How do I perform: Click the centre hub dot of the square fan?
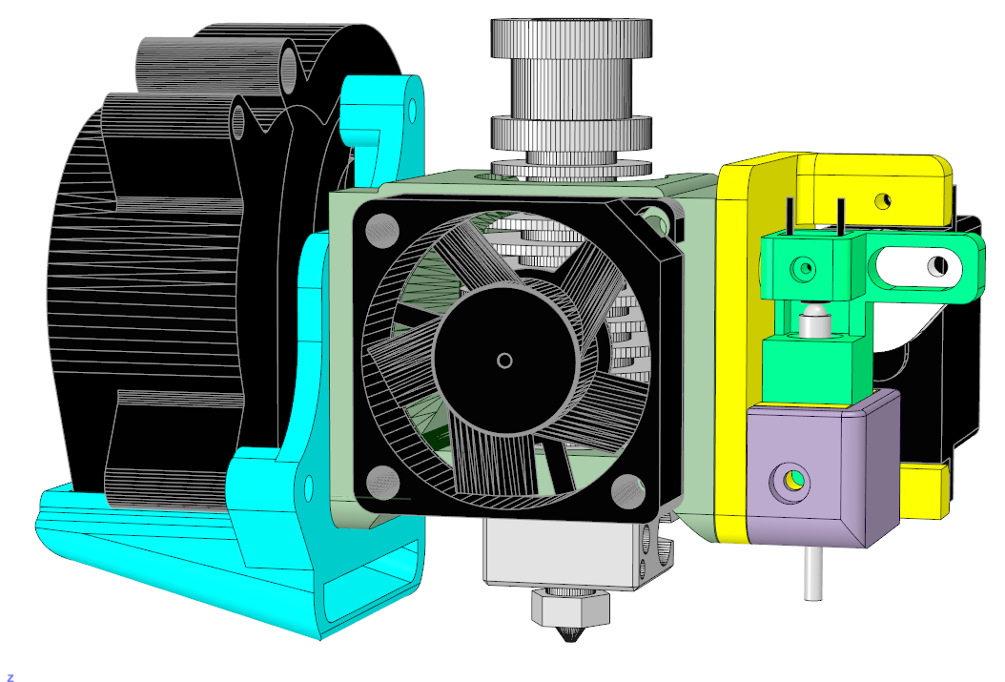pyautogui.click(x=504, y=361)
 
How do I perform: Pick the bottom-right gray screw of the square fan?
pyautogui.click(x=628, y=491)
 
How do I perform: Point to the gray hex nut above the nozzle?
pyautogui.click(x=570, y=608)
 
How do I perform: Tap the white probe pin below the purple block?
pyautogui.click(x=813, y=572)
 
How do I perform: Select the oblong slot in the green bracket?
pyautogui.click(x=918, y=266)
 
